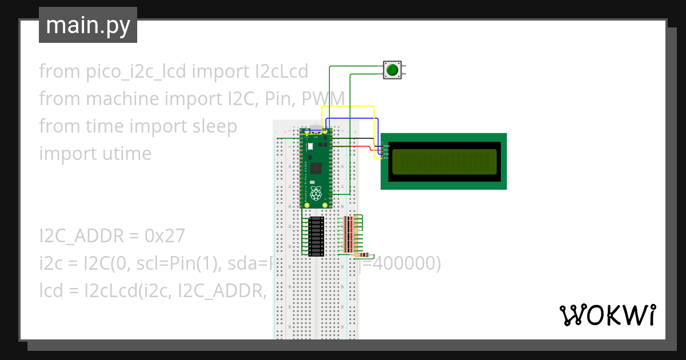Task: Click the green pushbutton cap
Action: pos(392,70)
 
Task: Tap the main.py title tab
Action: pos(88,26)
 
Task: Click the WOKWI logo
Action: pos(607,315)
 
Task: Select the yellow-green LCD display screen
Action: pos(444,162)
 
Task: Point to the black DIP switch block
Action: pos(317,236)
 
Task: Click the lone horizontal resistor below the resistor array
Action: pos(362,255)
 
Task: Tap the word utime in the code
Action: pos(123,154)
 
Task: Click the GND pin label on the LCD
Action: pos(386,146)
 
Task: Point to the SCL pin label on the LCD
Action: pos(386,158)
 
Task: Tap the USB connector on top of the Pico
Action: pos(316,130)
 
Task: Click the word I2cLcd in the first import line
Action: pos(281,71)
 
